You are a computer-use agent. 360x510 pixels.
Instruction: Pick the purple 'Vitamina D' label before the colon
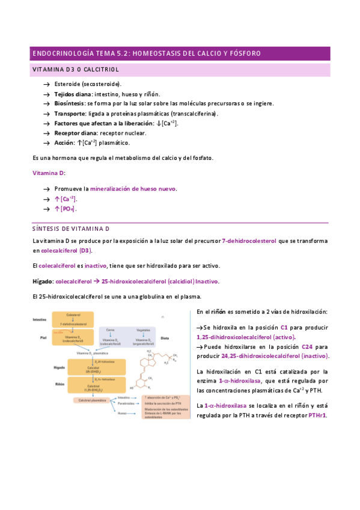click(48, 173)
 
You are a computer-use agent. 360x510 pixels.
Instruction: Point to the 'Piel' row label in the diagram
click(43, 338)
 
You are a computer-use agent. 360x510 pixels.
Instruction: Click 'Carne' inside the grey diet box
click(110, 330)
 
